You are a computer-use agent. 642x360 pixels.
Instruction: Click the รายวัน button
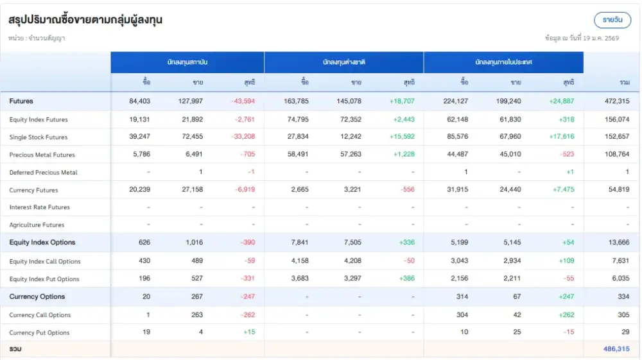(x=612, y=20)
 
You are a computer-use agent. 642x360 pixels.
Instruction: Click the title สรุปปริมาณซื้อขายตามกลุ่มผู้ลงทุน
(x=85, y=20)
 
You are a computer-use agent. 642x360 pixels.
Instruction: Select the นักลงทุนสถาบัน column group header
(x=187, y=62)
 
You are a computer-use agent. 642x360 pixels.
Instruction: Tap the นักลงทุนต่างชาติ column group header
(x=343, y=62)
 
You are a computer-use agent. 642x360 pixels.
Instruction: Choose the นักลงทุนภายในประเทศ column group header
(x=503, y=62)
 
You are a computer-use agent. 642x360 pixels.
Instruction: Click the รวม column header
(x=624, y=82)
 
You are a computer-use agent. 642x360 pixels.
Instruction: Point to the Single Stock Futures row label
(x=39, y=137)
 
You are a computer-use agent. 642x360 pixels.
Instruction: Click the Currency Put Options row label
(x=39, y=332)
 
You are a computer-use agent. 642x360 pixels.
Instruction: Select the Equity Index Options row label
(x=42, y=243)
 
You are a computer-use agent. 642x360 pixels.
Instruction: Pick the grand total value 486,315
(x=616, y=349)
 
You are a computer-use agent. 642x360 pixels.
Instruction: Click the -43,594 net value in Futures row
(x=243, y=101)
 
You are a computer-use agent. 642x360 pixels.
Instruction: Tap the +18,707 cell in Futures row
(x=402, y=101)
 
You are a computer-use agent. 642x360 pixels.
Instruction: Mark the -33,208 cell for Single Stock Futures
(x=243, y=137)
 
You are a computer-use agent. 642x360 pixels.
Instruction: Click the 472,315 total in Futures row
(x=616, y=101)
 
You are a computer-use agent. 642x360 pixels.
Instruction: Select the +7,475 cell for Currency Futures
(x=562, y=190)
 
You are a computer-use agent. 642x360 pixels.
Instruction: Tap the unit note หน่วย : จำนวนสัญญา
(x=37, y=39)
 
